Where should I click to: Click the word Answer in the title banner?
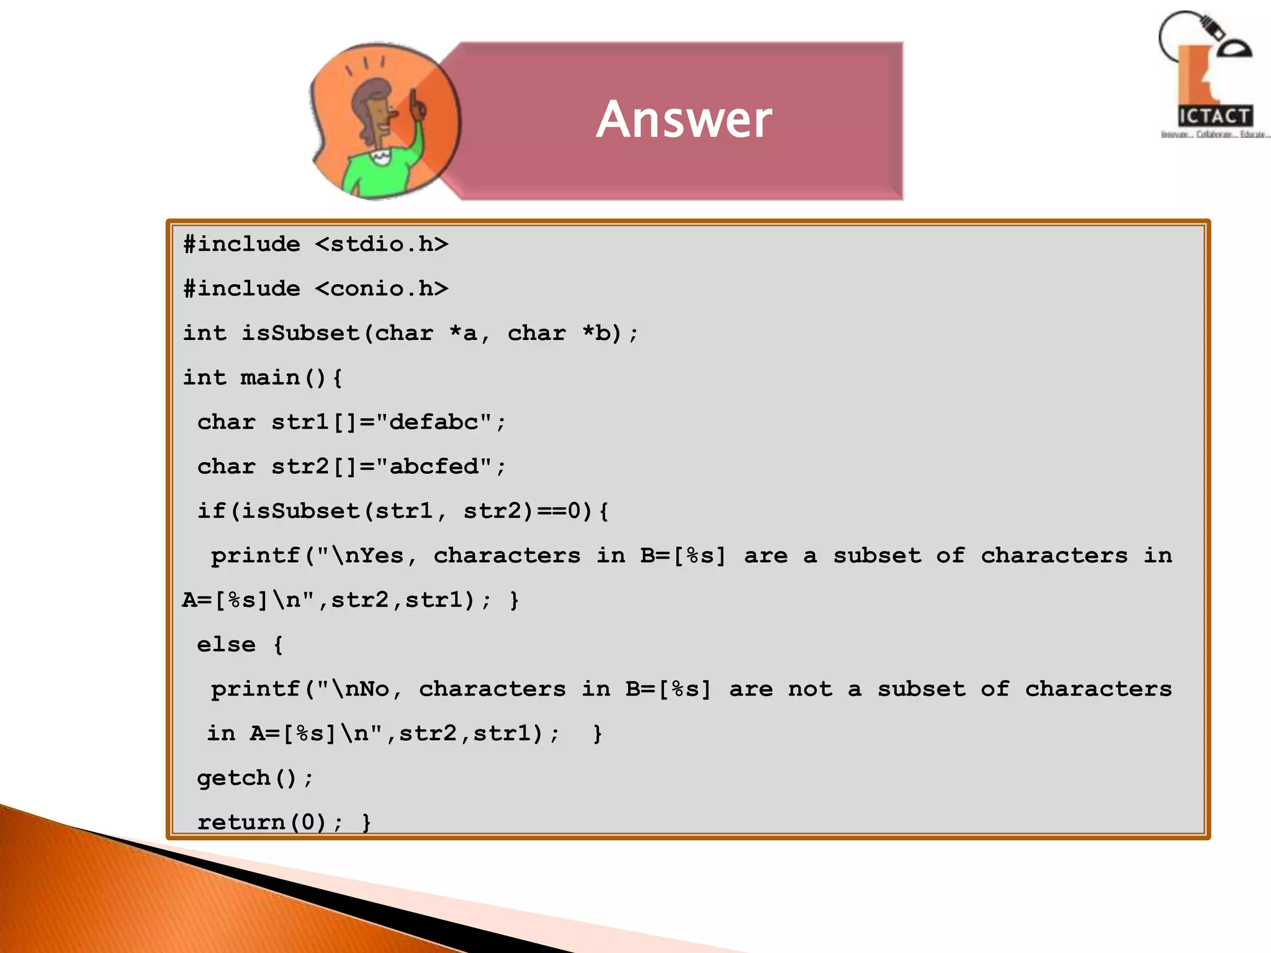click(684, 119)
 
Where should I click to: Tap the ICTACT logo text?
click(1214, 116)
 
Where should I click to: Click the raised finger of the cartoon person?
click(414, 102)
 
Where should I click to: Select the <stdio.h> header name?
click(381, 244)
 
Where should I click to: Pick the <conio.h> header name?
click(381, 289)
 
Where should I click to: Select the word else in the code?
click(226, 645)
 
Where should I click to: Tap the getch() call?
click(247, 778)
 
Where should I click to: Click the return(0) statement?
click(262, 822)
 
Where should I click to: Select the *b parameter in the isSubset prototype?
click(596, 333)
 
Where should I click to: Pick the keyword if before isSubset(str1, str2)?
click(211, 511)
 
